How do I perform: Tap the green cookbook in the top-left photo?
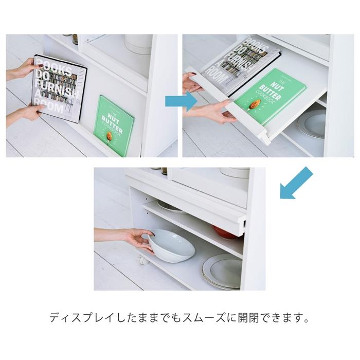pos(115,125)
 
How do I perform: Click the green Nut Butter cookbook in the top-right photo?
pos(270,97)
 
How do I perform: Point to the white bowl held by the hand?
pos(172,246)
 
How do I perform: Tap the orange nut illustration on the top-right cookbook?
pos(253,105)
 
